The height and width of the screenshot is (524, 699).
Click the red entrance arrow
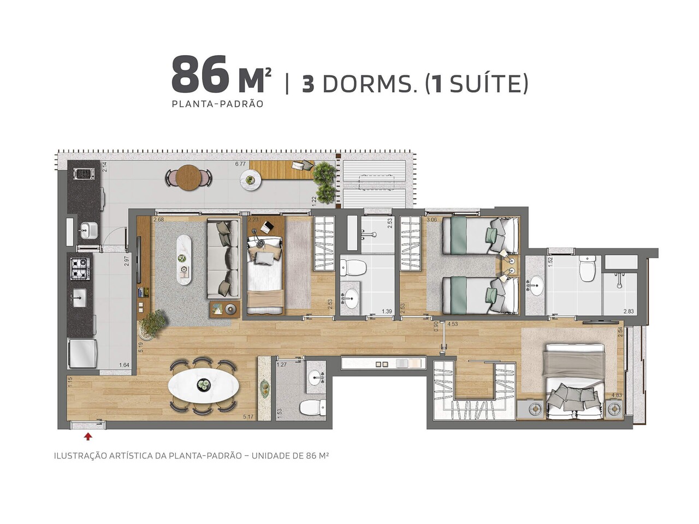tap(88, 436)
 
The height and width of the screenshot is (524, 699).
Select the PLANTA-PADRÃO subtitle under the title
tap(217, 104)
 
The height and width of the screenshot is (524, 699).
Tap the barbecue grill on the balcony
tap(85, 174)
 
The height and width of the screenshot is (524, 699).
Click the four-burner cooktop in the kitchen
tap(79, 267)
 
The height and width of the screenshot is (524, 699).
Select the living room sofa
tap(223, 259)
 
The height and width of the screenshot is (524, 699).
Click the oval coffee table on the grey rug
tap(184, 259)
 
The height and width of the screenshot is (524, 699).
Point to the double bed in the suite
tap(573, 382)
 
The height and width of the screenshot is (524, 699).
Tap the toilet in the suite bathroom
tap(587, 269)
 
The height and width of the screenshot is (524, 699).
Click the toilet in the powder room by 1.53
tap(313, 406)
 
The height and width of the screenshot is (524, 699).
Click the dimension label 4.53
tap(452, 324)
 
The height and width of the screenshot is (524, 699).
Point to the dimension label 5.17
tap(248, 417)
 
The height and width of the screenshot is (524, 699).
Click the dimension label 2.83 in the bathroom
tap(629, 312)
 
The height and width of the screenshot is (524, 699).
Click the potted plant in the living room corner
tap(152, 323)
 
